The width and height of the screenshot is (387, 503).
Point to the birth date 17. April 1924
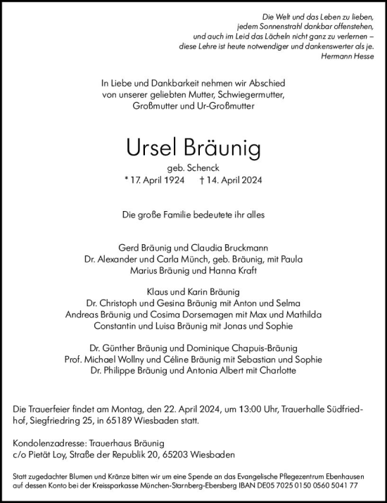(x=158, y=181)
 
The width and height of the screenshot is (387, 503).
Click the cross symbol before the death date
(x=203, y=181)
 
